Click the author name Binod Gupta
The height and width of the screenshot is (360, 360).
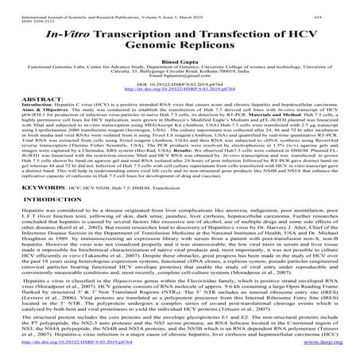(x=180, y=71)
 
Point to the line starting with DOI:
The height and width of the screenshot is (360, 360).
(x=180, y=104)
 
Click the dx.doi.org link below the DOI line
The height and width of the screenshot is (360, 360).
(x=180, y=110)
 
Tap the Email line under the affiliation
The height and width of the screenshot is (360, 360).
(x=180, y=91)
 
